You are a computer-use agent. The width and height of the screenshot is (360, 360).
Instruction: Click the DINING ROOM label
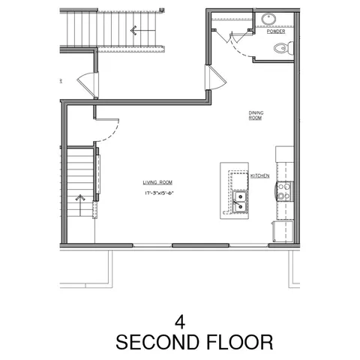tap(256, 115)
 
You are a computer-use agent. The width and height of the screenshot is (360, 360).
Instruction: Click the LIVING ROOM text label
tap(158, 182)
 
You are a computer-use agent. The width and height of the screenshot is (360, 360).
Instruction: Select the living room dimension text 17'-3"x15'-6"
tap(159, 193)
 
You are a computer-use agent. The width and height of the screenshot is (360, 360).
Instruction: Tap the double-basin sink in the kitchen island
tap(241, 200)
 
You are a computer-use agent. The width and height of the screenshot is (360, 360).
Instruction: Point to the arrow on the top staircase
tap(134, 31)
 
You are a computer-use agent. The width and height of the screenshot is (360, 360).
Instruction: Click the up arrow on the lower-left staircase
tap(81, 199)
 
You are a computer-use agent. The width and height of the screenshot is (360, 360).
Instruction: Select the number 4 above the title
tap(179, 321)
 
